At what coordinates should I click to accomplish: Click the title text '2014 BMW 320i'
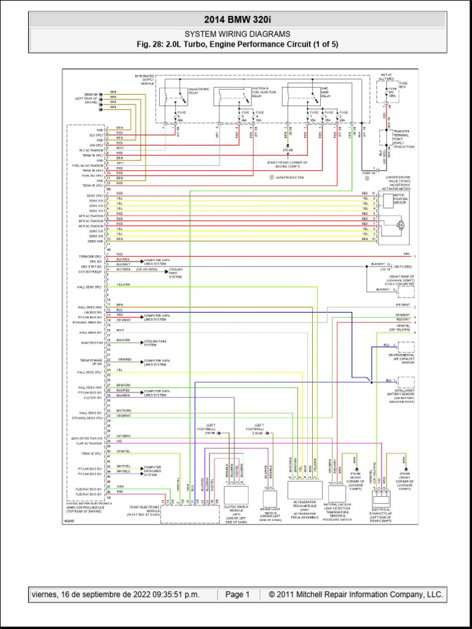(237, 21)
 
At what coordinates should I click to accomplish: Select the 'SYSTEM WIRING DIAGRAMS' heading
(237, 34)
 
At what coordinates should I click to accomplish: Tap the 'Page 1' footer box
(237, 595)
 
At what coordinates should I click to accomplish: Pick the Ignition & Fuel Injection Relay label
(263, 92)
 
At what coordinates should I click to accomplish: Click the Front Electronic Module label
(144, 509)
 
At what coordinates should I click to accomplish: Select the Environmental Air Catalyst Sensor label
(401, 358)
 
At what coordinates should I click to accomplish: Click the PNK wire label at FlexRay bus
(120, 492)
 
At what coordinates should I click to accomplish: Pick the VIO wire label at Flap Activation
(119, 442)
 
